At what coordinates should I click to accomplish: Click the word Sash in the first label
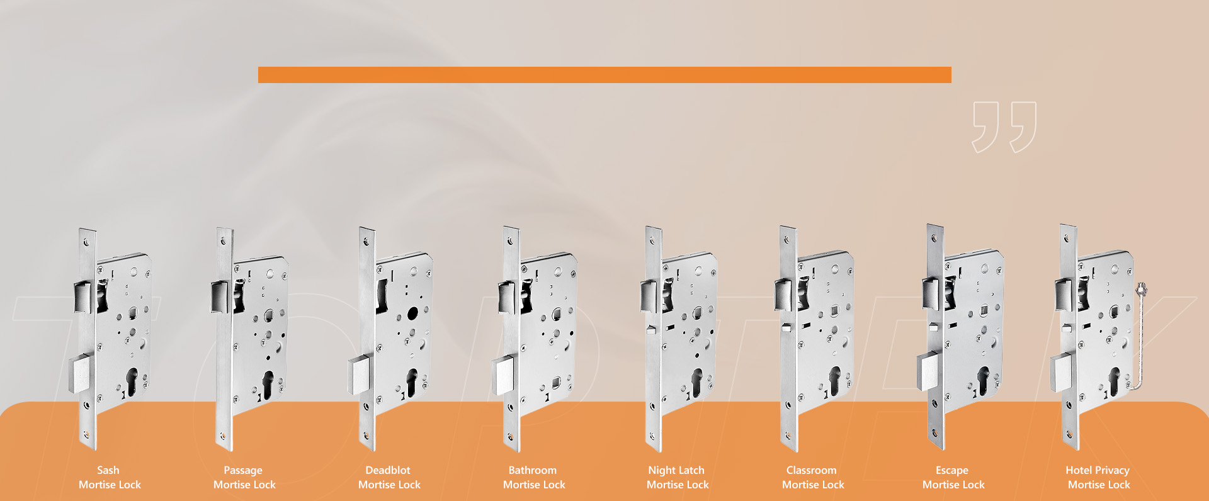108,470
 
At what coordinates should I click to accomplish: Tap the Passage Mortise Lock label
244,478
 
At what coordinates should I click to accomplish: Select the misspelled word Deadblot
387,470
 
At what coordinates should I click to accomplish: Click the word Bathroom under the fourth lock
532,470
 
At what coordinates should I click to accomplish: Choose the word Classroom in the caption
811,470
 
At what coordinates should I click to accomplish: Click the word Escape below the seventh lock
951,470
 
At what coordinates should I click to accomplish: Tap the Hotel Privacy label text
1097,470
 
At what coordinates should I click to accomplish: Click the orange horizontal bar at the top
604,75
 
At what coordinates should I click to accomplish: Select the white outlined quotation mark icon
1004,127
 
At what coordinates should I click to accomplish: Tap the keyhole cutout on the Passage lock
268,384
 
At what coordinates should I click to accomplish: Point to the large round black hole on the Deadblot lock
412,313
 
